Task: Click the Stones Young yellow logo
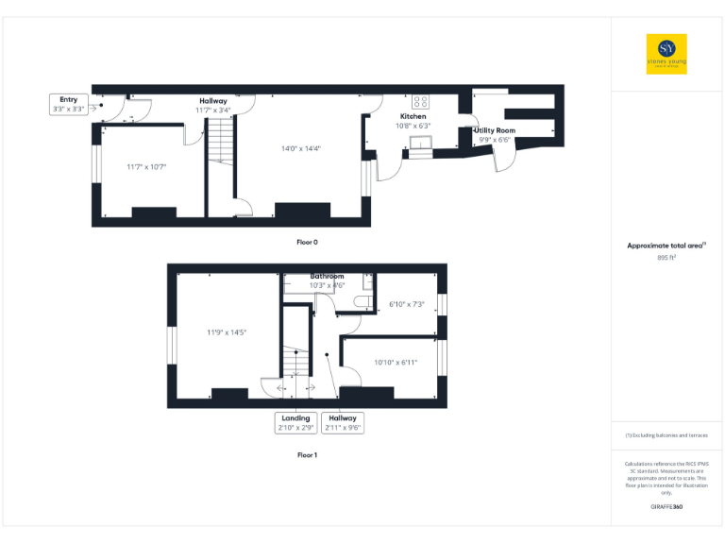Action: click(x=666, y=54)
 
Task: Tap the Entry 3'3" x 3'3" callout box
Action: click(x=68, y=104)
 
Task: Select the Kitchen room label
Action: click(x=413, y=117)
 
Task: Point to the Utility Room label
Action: click(x=495, y=130)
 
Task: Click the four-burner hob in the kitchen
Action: click(x=421, y=102)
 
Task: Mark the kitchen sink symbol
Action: click(x=420, y=144)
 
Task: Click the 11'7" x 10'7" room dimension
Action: click(x=146, y=167)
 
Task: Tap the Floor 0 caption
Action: click(x=307, y=243)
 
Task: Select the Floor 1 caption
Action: click(x=307, y=454)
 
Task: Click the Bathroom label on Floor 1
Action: click(x=328, y=276)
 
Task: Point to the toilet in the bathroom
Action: click(x=362, y=300)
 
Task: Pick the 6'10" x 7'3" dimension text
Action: click(x=407, y=304)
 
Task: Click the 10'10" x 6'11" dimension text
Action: click(x=395, y=362)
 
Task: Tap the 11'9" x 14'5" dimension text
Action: click(x=226, y=331)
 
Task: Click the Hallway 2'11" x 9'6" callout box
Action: click(x=342, y=422)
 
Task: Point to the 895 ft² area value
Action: click(x=666, y=257)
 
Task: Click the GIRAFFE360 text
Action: click(x=666, y=508)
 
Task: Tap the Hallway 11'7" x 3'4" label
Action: click(x=212, y=105)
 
